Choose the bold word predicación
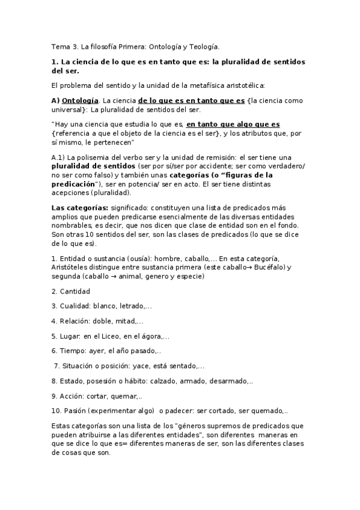[x=76, y=184]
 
